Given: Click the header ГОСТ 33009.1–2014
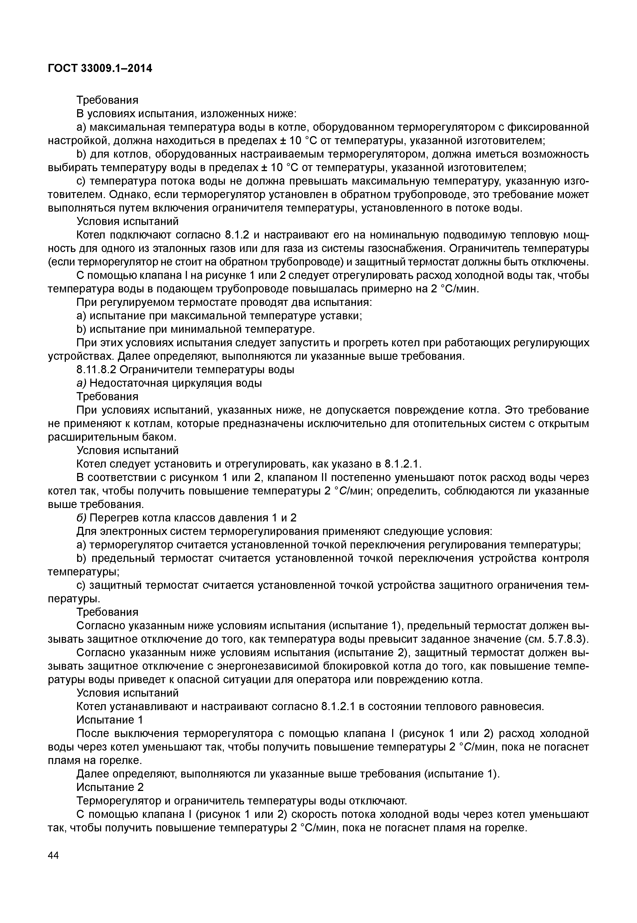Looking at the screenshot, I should click(x=100, y=68).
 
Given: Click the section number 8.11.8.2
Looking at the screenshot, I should click(x=96, y=370).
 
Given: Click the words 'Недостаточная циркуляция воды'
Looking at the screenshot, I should click(x=176, y=383).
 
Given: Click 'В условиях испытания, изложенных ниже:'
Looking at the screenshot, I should click(x=186, y=114).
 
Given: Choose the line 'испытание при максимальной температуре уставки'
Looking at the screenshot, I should click(x=225, y=316).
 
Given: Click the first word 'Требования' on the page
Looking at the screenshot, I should click(x=107, y=100).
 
